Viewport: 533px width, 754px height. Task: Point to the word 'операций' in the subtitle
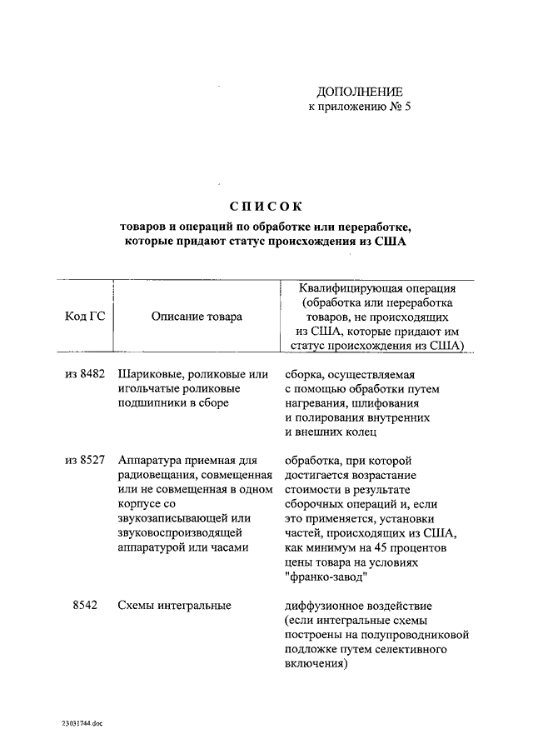[x=214, y=226]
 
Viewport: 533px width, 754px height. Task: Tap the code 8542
[x=86, y=605]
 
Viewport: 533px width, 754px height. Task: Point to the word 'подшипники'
[x=153, y=402]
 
